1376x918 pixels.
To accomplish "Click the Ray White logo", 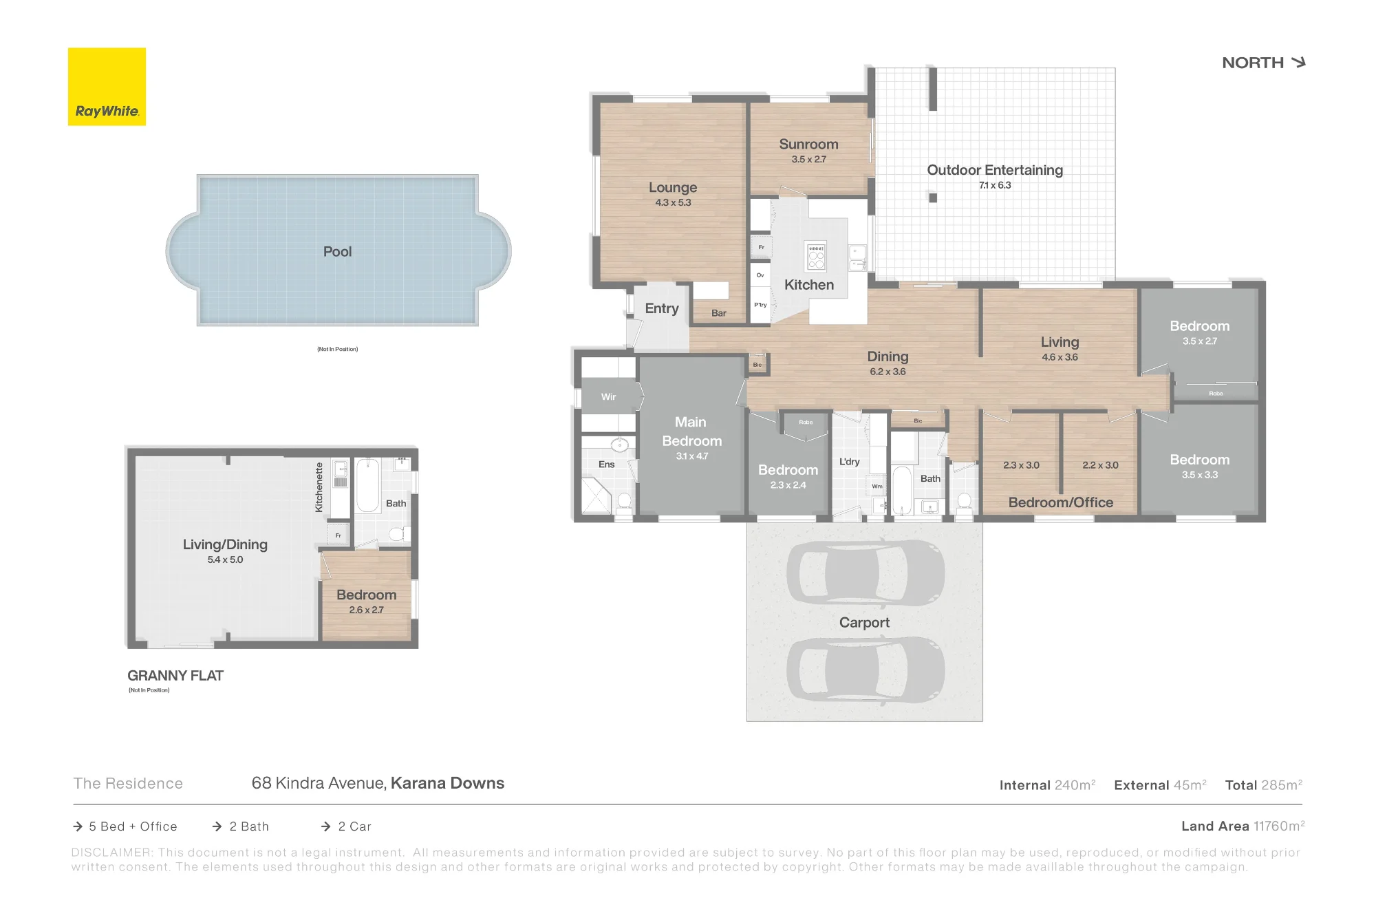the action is point(107,87).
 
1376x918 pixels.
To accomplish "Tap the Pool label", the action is point(337,252).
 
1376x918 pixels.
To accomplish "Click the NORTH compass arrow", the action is point(1298,63).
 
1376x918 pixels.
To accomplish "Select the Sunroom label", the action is point(808,145).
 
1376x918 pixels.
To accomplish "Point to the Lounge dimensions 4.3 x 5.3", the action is point(673,202).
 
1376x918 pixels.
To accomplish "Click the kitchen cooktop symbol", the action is point(816,256).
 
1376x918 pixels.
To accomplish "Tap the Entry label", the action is point(662,309).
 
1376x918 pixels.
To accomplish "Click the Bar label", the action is point(719,313).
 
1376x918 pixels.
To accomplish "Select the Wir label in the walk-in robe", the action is point(609,397).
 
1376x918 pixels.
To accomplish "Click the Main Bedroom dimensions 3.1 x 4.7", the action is point(691,456).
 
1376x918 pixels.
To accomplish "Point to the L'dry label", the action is point(850,462).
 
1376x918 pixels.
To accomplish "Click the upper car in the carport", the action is point(866,573).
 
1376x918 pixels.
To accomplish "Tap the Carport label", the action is point(864,623).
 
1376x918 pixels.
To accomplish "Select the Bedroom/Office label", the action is point(1060,503).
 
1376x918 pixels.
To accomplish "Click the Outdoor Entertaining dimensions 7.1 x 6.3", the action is point(995,185).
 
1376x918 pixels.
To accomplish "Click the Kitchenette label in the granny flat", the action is point(319,487).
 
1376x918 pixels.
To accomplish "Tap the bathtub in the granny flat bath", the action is point(367,486).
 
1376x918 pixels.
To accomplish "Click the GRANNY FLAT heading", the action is point(175,676).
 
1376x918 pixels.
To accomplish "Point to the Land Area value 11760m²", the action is point(1279,826).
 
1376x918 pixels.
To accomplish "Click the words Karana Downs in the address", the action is point(447,783).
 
